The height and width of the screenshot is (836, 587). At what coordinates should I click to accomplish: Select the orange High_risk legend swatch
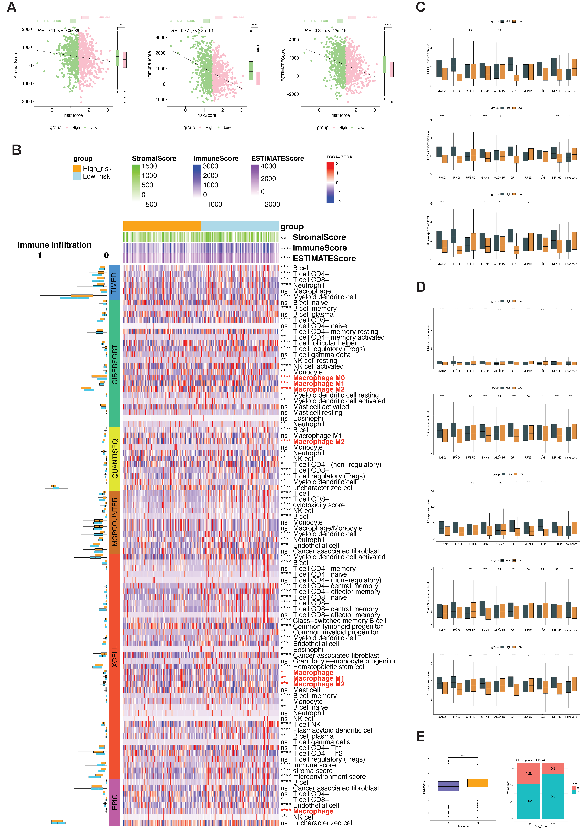tap(77, 168)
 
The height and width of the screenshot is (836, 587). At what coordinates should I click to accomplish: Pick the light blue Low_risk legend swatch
tap(77, 176)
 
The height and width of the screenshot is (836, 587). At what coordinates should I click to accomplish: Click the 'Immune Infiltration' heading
tap(55, 245)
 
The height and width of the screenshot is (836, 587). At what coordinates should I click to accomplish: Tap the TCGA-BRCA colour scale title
tap(339, 157)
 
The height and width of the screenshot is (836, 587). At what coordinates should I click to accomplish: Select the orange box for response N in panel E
tap(477, 783)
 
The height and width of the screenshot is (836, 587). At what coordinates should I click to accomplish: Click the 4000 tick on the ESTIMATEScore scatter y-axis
tap(294, 40)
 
